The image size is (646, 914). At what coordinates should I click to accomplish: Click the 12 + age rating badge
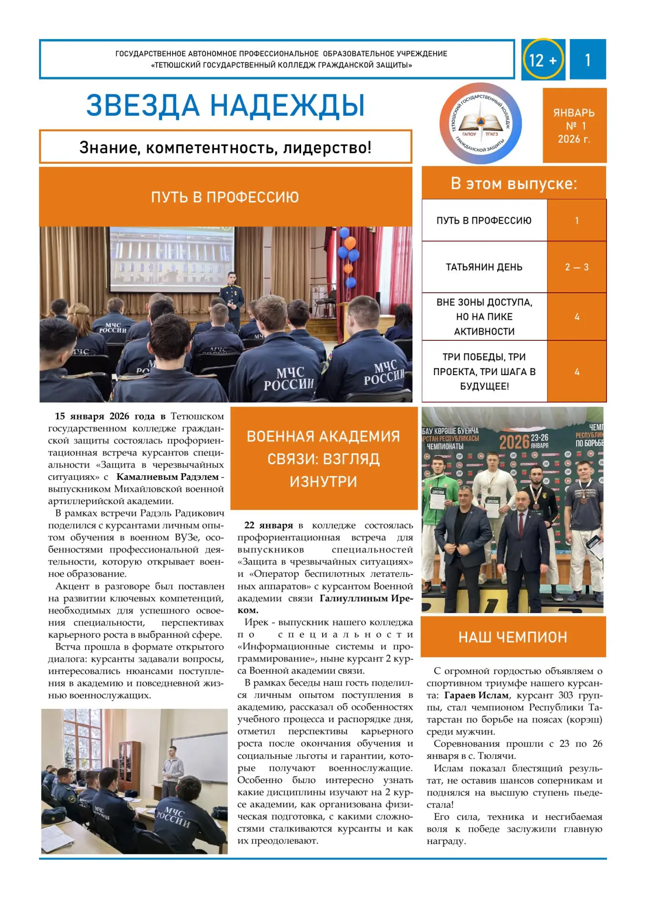point(542,60)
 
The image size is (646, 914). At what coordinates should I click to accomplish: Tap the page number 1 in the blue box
point(587,60)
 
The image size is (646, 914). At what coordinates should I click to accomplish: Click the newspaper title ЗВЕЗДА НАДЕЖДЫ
point(225,106)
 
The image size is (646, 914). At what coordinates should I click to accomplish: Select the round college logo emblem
point(480,124)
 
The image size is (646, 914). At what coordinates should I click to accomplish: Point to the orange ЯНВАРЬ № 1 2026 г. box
point(574,126)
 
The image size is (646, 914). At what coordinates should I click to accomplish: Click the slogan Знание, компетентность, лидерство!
point(225,148)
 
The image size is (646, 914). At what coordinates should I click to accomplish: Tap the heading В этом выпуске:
point(514,184)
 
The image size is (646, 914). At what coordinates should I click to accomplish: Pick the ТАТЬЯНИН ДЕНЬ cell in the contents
point(484,267)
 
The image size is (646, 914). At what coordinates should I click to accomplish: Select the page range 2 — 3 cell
point(577,267)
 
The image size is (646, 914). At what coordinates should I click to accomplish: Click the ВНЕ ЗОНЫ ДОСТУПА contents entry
point(484,317)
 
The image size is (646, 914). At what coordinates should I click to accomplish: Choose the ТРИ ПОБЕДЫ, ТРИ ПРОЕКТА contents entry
point(484,371)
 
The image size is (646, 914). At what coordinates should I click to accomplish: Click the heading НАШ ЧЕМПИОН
point(513,637)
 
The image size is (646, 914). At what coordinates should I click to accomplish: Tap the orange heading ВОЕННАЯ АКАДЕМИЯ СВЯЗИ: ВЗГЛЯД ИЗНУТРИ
point(323,458)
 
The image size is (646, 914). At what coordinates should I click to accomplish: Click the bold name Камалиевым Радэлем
point(167,477)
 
